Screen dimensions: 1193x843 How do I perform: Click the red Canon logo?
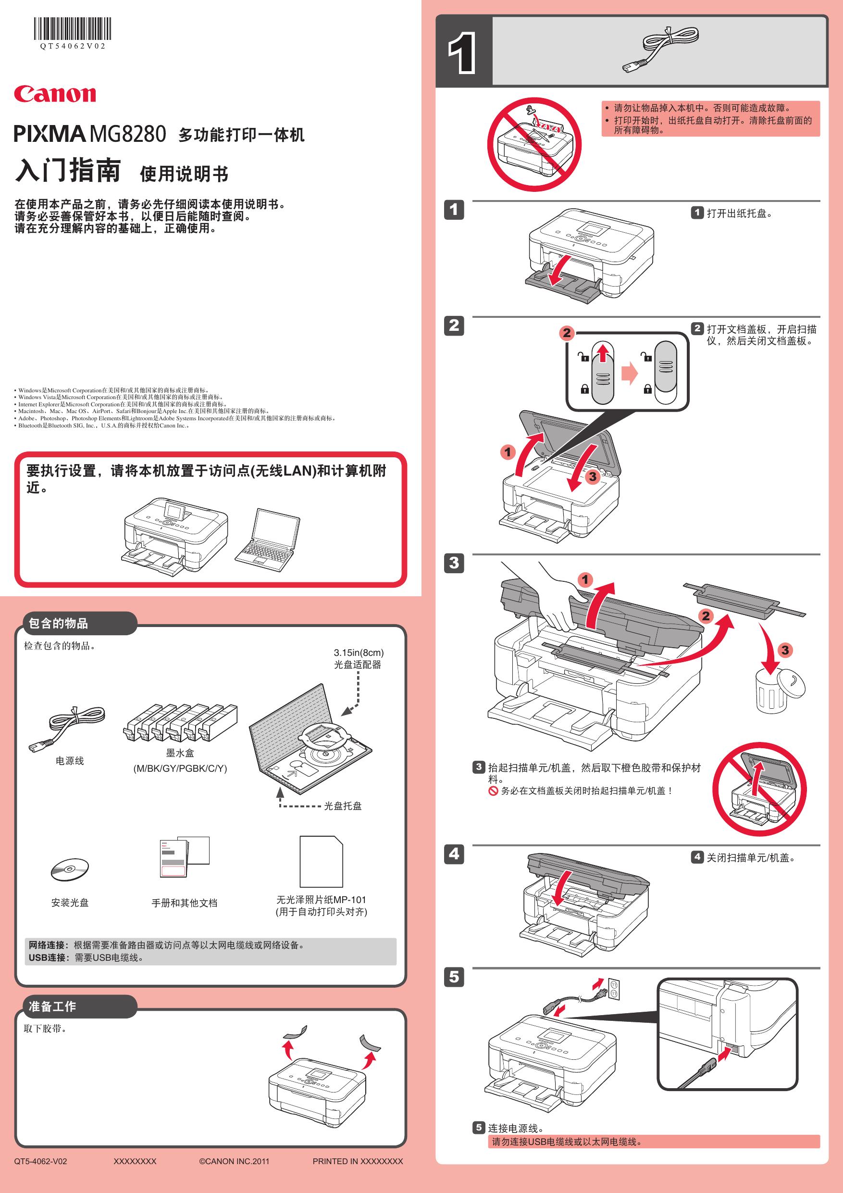coord(55,94)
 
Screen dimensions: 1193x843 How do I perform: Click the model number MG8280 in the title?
coord(128,134)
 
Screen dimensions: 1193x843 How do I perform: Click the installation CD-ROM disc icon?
coord(70,870)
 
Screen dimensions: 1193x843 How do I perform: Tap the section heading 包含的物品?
coord(58,624)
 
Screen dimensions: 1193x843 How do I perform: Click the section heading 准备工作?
coord(52,1006)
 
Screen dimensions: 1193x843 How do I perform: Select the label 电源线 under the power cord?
coord(70,761)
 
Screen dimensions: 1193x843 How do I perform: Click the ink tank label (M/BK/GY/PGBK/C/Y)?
coord(180,768)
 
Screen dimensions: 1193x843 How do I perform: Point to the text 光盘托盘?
coord(343,806)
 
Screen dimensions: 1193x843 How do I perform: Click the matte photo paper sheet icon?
coord(321,862)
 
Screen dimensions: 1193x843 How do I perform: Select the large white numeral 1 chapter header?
coord(462,52)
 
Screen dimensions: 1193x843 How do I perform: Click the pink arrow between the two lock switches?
coord(630,373)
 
